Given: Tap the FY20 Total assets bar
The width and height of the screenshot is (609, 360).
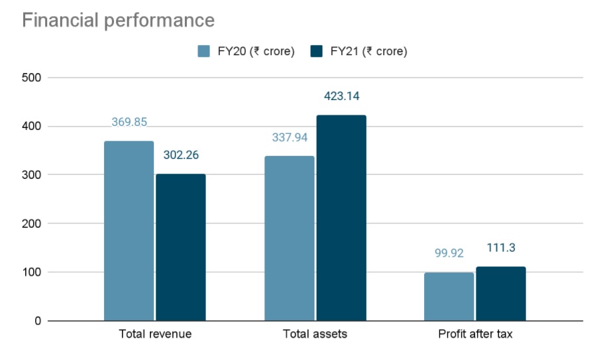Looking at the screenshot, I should pyautogui.click(x=289, y=239).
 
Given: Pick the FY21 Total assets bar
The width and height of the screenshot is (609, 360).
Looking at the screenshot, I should pyautogui.click(x=341, y=218).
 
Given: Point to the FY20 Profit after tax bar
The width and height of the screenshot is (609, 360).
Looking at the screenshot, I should pyautogui.click(x=449, y=296).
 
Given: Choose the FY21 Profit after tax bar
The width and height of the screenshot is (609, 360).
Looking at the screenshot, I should pyautogui.click(x=500, y=294).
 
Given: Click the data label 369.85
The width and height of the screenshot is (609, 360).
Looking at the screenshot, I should pyautogui.click(x=129, y=123).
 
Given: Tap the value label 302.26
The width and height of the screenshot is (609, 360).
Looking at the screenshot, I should pyautogui.click(x=180, y=156).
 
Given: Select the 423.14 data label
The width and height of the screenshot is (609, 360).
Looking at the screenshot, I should pyautogui.click(x=341, y=96).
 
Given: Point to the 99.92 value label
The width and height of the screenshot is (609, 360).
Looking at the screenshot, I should pyautogui.click(x=449, y=253).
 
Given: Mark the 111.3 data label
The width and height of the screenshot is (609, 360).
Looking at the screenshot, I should pyautogui.click(x=500, y=248).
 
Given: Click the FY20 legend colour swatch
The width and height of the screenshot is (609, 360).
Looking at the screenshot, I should pyautogui.click(x=204, y=51).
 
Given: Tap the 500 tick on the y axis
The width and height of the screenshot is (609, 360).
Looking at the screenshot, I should pyautogui.click(x=32, y=78).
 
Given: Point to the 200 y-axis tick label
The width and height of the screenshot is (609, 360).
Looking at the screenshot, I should pyautogui.click(x=32, y=223).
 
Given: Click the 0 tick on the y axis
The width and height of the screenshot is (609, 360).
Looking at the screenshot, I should pyautogui.click(x=37, y=321).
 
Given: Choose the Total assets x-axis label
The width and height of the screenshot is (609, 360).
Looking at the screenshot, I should pyautogui.click(x=315, y=334).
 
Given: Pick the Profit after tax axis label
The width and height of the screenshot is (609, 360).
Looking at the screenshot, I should pyautogui.click(x=475, y=334).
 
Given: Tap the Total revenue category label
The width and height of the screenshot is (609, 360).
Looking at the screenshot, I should pyautogui.click(x=154, y=334).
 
